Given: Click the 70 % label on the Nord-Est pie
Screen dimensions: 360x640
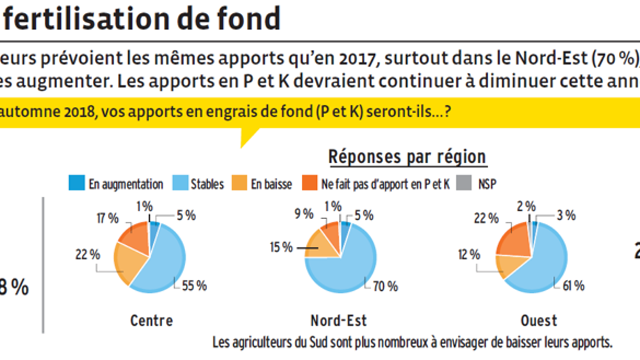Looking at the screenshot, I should click(385, 286).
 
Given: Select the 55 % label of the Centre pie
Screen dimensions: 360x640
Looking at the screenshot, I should click(193, 286).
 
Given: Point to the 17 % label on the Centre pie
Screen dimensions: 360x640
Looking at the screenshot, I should click(106, 218).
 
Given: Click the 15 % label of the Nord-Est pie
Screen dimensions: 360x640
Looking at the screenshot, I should click(279, 247).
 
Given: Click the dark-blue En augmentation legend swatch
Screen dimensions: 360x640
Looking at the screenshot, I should click(76, 184).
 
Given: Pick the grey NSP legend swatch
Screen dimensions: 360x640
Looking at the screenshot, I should click(465, 184).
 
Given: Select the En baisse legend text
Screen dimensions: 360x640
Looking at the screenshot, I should click(271, 184).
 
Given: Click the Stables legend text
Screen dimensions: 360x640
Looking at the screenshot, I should click(207, 184).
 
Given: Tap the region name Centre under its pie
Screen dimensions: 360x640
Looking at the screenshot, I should click(151, 320).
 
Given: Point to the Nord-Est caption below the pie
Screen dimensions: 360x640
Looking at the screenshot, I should click(339, 320).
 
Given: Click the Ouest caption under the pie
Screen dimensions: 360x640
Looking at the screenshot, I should click(539, 320).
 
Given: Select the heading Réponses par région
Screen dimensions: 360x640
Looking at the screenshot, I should click(407, 157).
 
